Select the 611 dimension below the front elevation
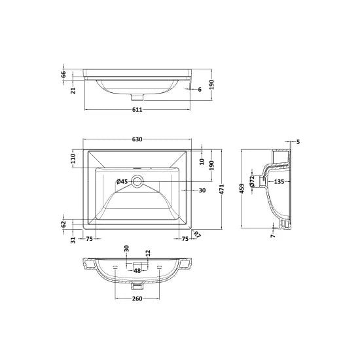point(137,109)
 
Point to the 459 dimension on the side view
point(243,189)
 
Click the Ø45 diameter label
point(122,181)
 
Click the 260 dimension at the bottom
point(137,300)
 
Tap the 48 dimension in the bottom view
point(137,270)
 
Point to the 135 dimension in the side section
point(279,181)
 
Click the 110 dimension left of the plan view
point(74,158)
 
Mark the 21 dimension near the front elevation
point(64,89)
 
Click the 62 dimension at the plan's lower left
point(64,224)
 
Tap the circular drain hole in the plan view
point(137,182)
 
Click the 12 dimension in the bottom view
point(147,253)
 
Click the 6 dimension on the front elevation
point(199,90)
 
